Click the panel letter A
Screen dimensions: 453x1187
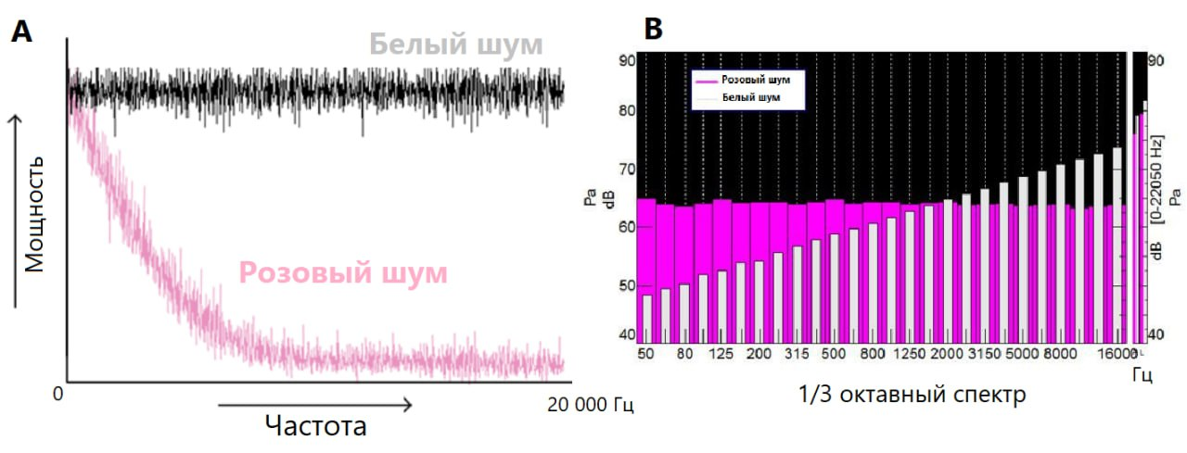pos(21,32)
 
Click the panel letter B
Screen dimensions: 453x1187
pos(653,29)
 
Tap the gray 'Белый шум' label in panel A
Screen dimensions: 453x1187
pos(455,44)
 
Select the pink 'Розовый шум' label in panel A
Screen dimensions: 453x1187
pos(343,273)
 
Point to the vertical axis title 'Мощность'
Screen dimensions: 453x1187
pos(35,212)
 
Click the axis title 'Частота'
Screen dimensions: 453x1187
pos(315,426)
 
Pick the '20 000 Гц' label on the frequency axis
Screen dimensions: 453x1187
pos(591,405)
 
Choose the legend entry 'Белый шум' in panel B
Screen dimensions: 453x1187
pos(750,96)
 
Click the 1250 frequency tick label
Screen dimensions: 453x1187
pos(910,354)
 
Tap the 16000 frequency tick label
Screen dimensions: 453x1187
pos(1110,354)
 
